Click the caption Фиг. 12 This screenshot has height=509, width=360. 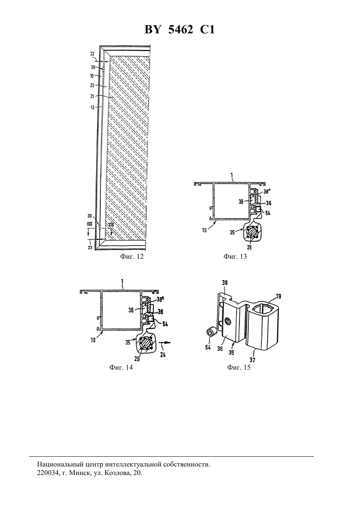click(x=132, y=257)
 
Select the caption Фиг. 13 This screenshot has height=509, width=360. click(x=235, y=257)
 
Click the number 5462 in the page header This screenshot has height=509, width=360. click(x=181, y=29)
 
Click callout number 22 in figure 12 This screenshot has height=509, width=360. click(x=92, y=54)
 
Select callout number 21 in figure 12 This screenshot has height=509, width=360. click(x=92, y=97)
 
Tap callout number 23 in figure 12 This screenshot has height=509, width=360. click(x=90, y=248)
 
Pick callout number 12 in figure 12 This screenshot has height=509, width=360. click(x=93, y=108)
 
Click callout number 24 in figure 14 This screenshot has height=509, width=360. click(x=163, y=354)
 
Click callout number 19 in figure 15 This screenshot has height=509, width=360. click(x=279, y=296)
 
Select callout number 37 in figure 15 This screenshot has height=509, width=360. click(x=253, y=360)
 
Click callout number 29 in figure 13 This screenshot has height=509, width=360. click(x=249, y=247)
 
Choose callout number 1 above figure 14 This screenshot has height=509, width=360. click(x=122, y=282)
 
